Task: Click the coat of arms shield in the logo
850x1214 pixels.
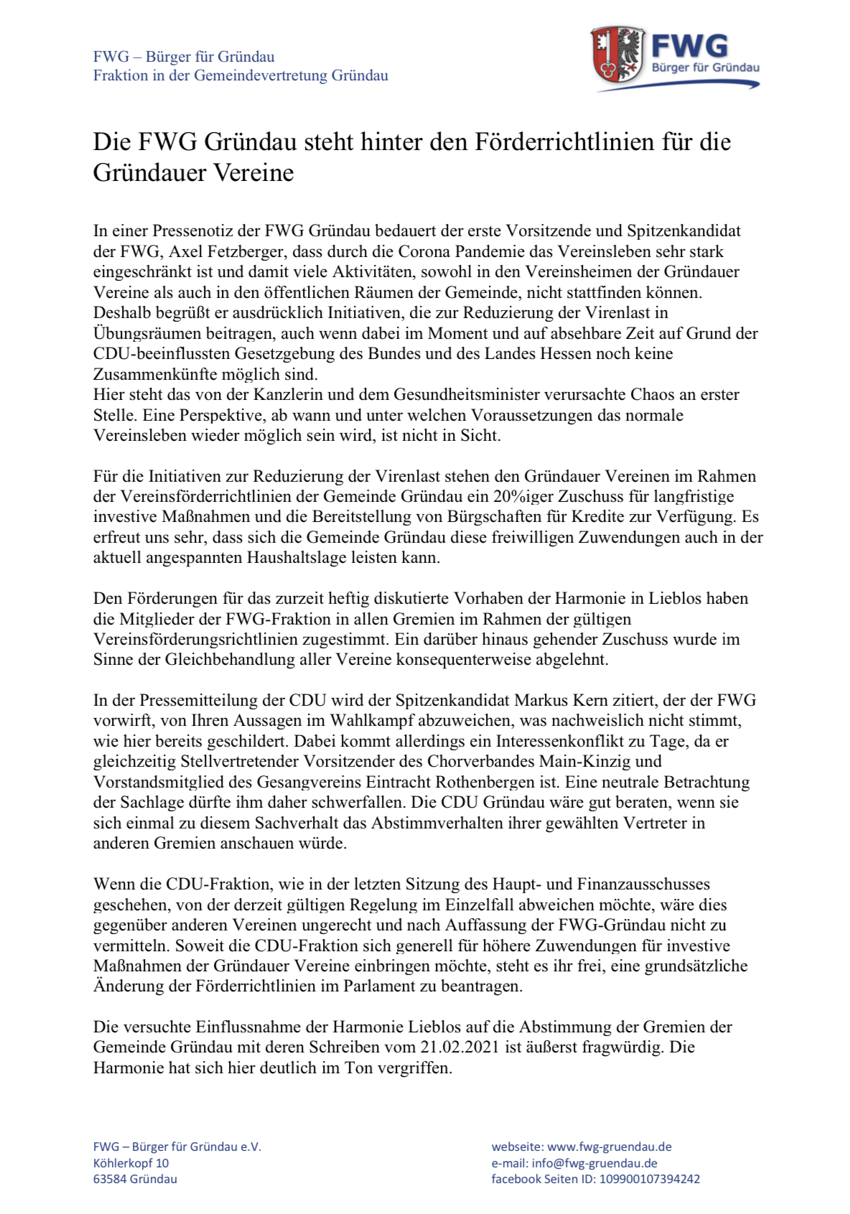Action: click(x=617, y=55)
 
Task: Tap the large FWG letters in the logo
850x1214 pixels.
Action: click(x=689, y=47)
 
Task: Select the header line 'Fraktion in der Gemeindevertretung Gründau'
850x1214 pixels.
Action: click(x=240, y=75)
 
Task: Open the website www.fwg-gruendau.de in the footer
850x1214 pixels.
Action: click(x=610, y=1147)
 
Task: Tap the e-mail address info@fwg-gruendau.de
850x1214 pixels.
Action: click(x=594, y=1163)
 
